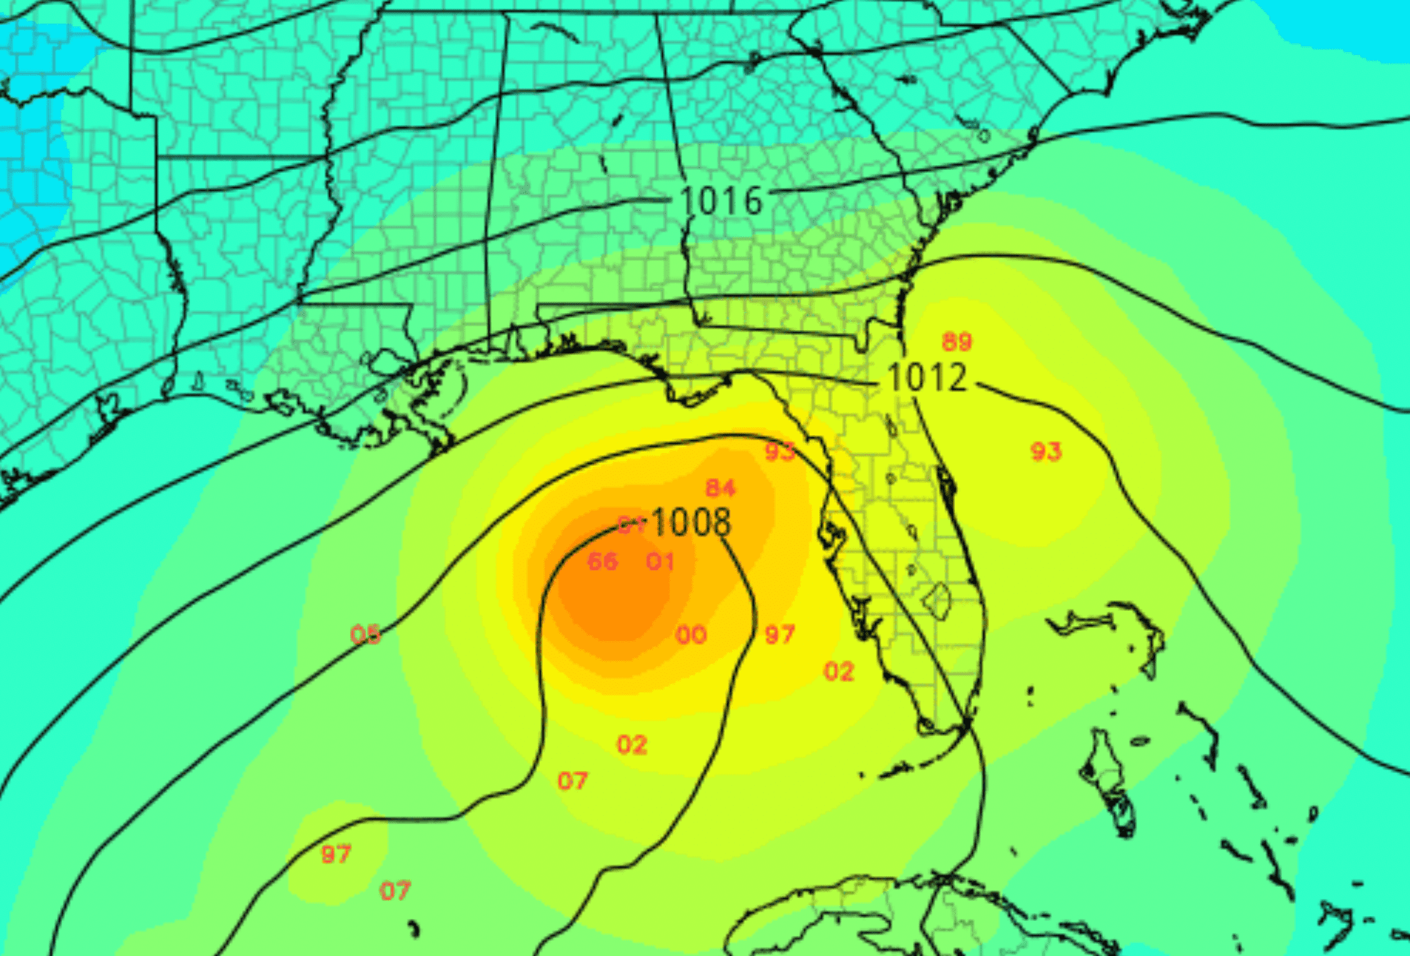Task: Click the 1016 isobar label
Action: pyautogui.click(x=721, y=201)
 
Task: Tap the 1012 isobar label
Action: pyautogui.click(x=926, y=377)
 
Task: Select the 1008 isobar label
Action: pyautogui.click(x=691, y=522)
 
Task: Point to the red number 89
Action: pyautogui.click(x=956, y=342)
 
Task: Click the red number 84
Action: pyautogui.click(x=720, y=488)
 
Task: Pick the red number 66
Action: pyautogui.click(x=602, y=562)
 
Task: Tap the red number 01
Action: pyautogui.click(x=660, y=562)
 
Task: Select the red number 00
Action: pyautogui.click(x=691, y=634)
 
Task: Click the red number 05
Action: pyautogui.click(x=365, y=634)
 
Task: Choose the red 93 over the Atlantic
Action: pyautogui.click(x=1046, y=452)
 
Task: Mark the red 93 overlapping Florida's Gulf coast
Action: pyautogui.click(x=779, y=452)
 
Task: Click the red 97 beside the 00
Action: pyautogui.click(x=779, y=634)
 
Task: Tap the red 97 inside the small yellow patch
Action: pyautogui.click(x=336, y=854)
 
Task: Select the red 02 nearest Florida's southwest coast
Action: pyautogui.click(x=839, y=672)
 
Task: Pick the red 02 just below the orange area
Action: pyautogui.click(x=632, y=745)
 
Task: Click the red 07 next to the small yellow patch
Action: pyautogui.click(x=395, y=891)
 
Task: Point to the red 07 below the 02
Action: pyautogui.click(x=572, y=781)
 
